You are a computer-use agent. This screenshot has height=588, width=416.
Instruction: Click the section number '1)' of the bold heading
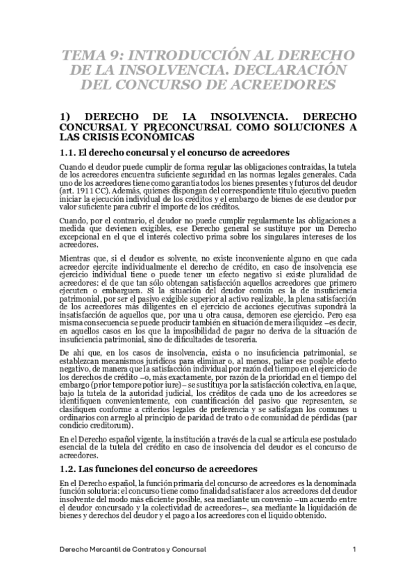[x=66, y=117]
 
